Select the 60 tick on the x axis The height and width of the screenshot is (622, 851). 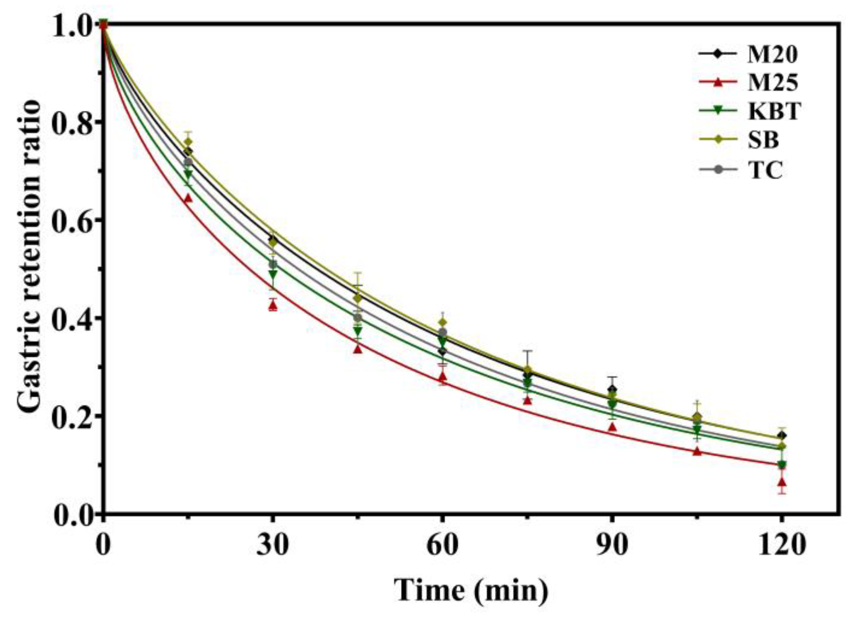(442, 546)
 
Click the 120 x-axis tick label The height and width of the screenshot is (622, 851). (781, 546)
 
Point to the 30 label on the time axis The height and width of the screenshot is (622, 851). (273, 546)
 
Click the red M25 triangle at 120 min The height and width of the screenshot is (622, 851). (782, 482)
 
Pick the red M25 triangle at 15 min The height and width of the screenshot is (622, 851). (188, 198)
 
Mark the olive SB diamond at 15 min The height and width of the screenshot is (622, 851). (188, 142)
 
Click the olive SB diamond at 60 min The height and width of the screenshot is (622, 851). (442, 322)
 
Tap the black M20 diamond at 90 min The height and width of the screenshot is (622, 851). (612, 389)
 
